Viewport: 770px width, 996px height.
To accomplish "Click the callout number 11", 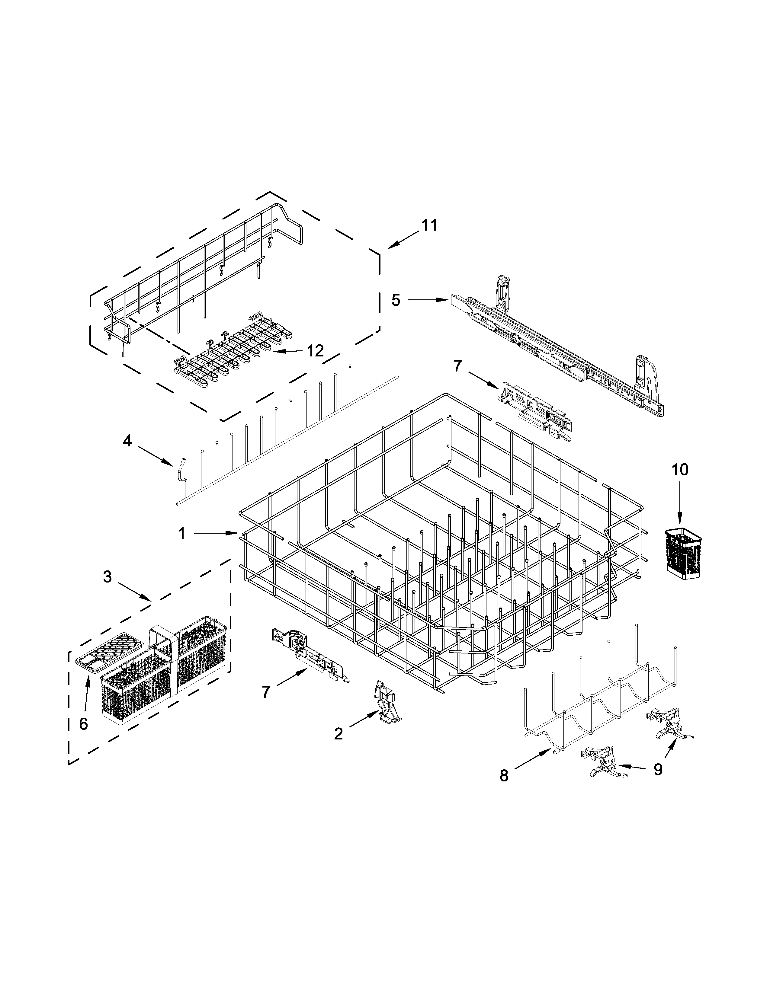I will click(x=428, y=225).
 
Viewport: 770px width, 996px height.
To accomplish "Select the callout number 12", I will click(x=315, y=351).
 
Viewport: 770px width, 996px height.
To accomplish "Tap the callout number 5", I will click(x=396, y=300).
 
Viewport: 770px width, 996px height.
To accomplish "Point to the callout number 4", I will click(x=127, y=441).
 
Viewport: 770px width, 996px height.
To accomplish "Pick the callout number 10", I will click(x=680, y=469).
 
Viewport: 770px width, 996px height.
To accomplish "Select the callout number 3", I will click(x=107, y=577).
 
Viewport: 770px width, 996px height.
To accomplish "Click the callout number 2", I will click(x=338, y=734).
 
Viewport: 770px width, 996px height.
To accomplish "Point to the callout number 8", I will click(x=504, y=776).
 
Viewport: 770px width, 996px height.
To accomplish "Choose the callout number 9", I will click(x=657, y=769).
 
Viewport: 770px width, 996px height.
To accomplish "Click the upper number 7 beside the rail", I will click(x=457, y=365).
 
